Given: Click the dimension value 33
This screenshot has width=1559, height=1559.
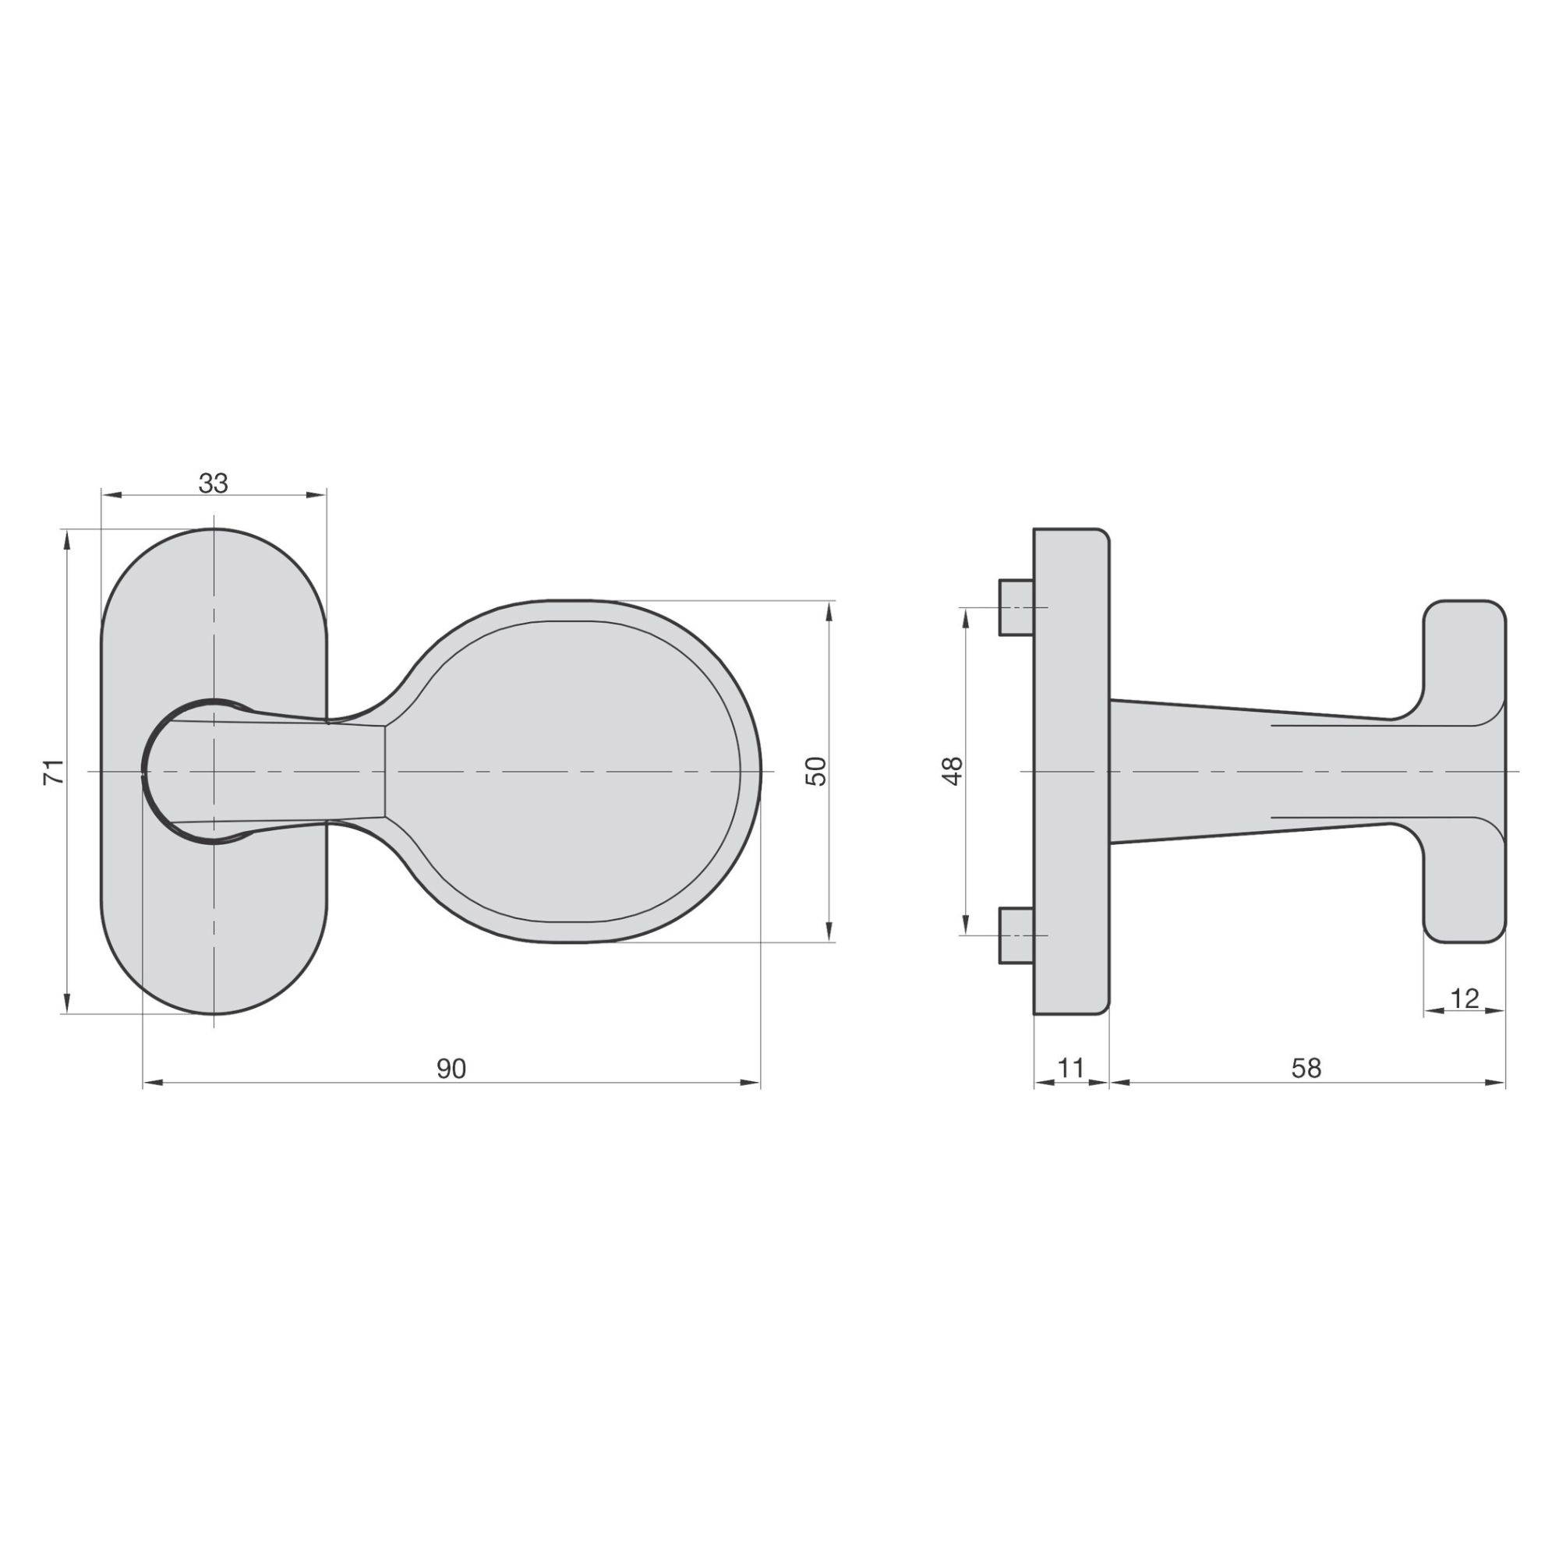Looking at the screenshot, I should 214,483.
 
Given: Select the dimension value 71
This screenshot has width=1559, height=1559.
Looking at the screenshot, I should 52,772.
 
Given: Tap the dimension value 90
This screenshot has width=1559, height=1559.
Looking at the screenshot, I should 451,1069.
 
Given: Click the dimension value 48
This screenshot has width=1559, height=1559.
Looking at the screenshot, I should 953,771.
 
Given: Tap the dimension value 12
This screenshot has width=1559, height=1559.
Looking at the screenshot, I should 1465,999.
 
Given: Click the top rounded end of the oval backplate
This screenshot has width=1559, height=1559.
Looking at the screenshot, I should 214,565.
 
